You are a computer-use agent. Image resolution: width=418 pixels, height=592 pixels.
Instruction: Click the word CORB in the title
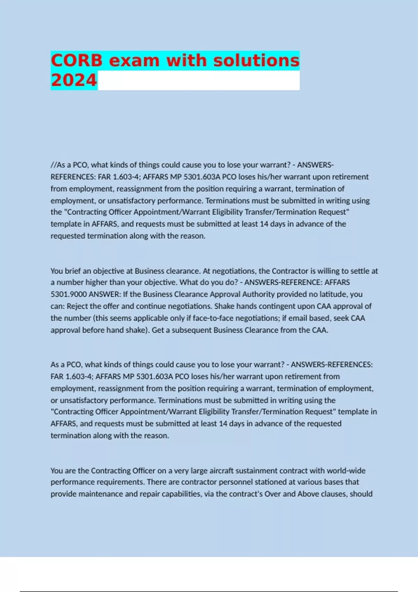[x=77, y=60]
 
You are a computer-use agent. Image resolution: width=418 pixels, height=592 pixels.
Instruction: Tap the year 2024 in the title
[x=74, y=80]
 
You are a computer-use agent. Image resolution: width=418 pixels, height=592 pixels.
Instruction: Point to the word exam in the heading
[x=134, y=60]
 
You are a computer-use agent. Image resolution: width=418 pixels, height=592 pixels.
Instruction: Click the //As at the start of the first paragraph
[x=58, y=165]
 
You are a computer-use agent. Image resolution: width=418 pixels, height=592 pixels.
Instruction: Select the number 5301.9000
[x=69, y=294]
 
